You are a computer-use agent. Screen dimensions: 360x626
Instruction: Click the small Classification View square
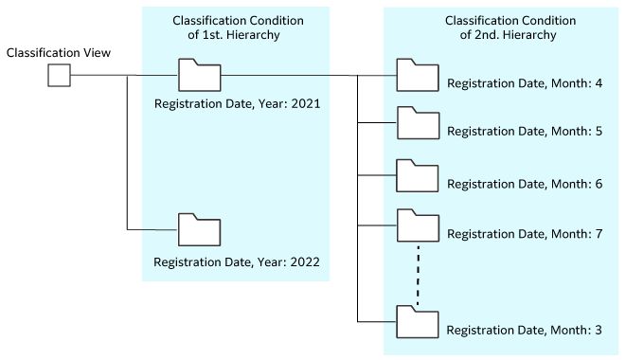pos(59,76)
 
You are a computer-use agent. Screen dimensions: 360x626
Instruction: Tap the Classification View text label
pos(59,53)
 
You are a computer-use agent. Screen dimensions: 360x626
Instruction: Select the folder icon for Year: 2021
pos(199,75)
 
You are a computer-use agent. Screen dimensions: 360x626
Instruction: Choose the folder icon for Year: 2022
pos(199,230)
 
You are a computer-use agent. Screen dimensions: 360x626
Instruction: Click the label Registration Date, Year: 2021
pos(236,103)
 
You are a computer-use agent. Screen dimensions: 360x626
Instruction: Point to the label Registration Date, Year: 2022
pos(236,260)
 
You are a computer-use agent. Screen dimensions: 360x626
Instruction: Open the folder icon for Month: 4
pos(417,75)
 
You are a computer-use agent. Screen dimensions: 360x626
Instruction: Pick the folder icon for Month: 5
pos(417,124)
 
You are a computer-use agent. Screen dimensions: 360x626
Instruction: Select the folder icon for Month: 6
pos(417,175)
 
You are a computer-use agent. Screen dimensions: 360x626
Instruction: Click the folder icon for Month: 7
pos(417,225)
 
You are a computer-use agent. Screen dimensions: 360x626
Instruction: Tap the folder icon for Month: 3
pos(417,322)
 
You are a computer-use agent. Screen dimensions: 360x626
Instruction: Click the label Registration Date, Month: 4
pos(525,83)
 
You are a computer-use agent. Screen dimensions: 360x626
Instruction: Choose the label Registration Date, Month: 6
pos(525,183)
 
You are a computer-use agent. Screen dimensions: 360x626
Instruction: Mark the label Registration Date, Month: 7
pos(525,233)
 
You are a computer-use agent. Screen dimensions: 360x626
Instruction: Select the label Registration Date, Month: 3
pos(525,330)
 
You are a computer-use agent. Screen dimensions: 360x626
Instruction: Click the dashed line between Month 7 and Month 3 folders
pos(417,274)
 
